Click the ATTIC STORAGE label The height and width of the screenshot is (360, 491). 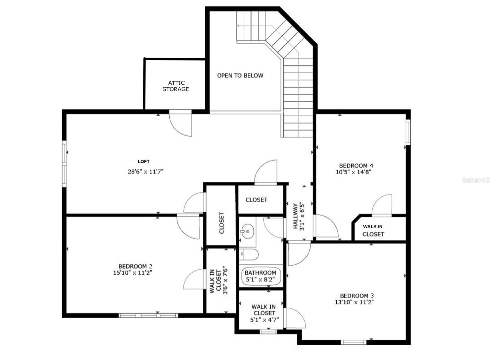pyautogui.click(x=176, y=86)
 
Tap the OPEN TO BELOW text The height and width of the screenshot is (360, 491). pyautogui.click(x=240, y=75)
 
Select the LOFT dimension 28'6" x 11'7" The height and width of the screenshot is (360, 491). pyautogui.click(x=145, y=172)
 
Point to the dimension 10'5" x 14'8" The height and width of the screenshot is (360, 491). pyautogui.click(x=354, y=172)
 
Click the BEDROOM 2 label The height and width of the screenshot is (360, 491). pyautogui.click(x=135, y=266)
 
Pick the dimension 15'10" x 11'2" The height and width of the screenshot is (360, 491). pyautogui.click(x=133, y=273)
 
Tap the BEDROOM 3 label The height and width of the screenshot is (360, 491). pyautogui.click(x=357, y=296)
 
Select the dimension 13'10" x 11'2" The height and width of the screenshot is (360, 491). pyautogui.click(x=354, y=302)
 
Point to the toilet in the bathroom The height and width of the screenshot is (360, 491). pyautogui.click(x=249, y=254)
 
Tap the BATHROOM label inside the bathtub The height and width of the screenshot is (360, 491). pyautogui.click(x=260, y=273)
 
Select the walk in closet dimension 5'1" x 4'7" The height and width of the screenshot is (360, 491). pyautogui.click(x=264, y=319)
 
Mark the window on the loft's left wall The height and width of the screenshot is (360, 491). pyautogui.click(x=64, y=164)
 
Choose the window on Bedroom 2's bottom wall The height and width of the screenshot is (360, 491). pyautogui.click(x=148, y=315)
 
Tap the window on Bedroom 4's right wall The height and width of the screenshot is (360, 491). pyautogui.click(x=408, y=132)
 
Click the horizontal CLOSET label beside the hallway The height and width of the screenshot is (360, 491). pyautogui.click(x=257, y=200)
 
